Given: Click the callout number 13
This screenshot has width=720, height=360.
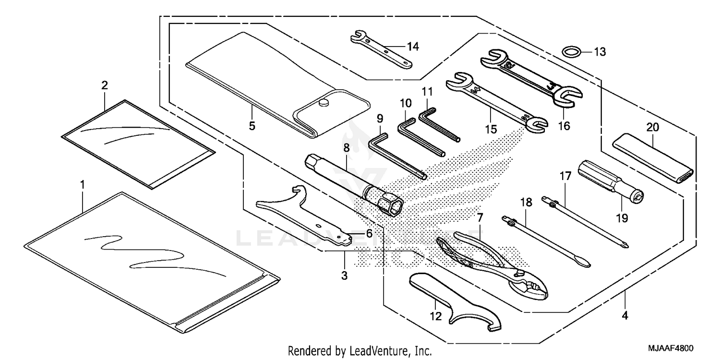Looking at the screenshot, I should tap(600, 51).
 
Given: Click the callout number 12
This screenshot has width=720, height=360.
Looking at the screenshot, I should tap(435, 316).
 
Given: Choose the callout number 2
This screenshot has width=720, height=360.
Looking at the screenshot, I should tap(104, 85).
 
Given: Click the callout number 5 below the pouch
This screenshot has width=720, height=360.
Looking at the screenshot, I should tap(252, 126).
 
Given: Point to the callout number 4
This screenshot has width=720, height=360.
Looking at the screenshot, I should tap(624, 316).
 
